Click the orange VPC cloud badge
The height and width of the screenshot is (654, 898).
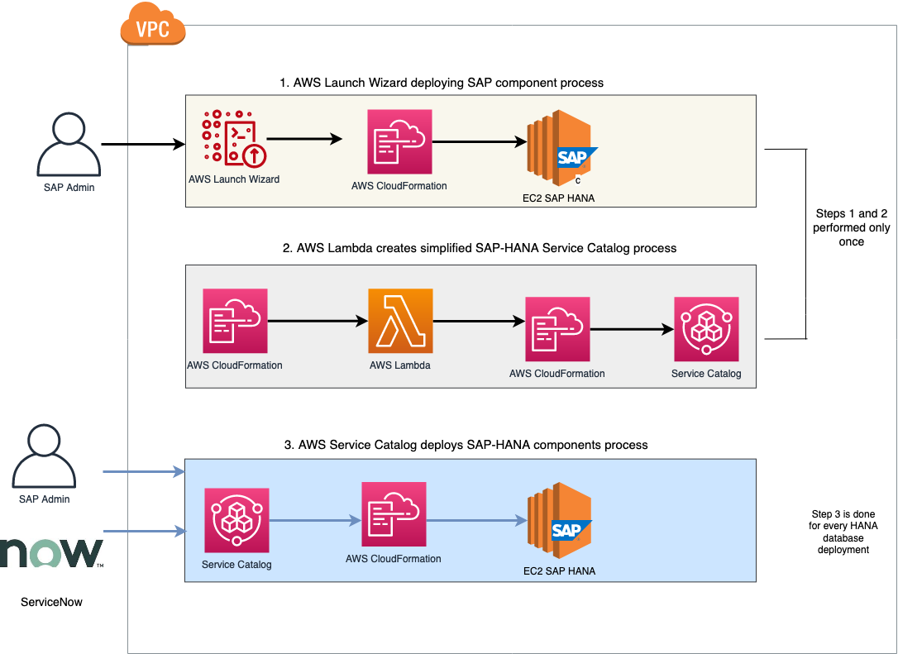(x=152, y=28)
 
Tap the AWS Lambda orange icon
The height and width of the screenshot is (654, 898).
(x=400, y=321)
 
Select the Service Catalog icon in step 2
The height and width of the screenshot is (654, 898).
(x=706, y=329)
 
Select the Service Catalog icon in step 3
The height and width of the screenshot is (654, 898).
(x=236, y=520)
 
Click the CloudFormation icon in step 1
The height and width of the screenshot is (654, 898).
(x=399, y=141)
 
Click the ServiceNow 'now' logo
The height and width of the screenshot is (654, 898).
(x=52, y=553)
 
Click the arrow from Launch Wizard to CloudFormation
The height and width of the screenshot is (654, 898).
(x=303, y=140)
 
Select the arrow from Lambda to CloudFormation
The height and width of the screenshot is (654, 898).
(x=478, y=321)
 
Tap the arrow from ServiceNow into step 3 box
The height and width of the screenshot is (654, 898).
(x=143, y=532)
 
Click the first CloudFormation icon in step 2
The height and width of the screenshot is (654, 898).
(x=235, y=321)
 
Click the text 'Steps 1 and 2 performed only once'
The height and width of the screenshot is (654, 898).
(x=851, y=227)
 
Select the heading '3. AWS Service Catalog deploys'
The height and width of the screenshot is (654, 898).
(x=466, y=445)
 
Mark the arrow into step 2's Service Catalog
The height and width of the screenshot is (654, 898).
(x=632, y=329)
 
